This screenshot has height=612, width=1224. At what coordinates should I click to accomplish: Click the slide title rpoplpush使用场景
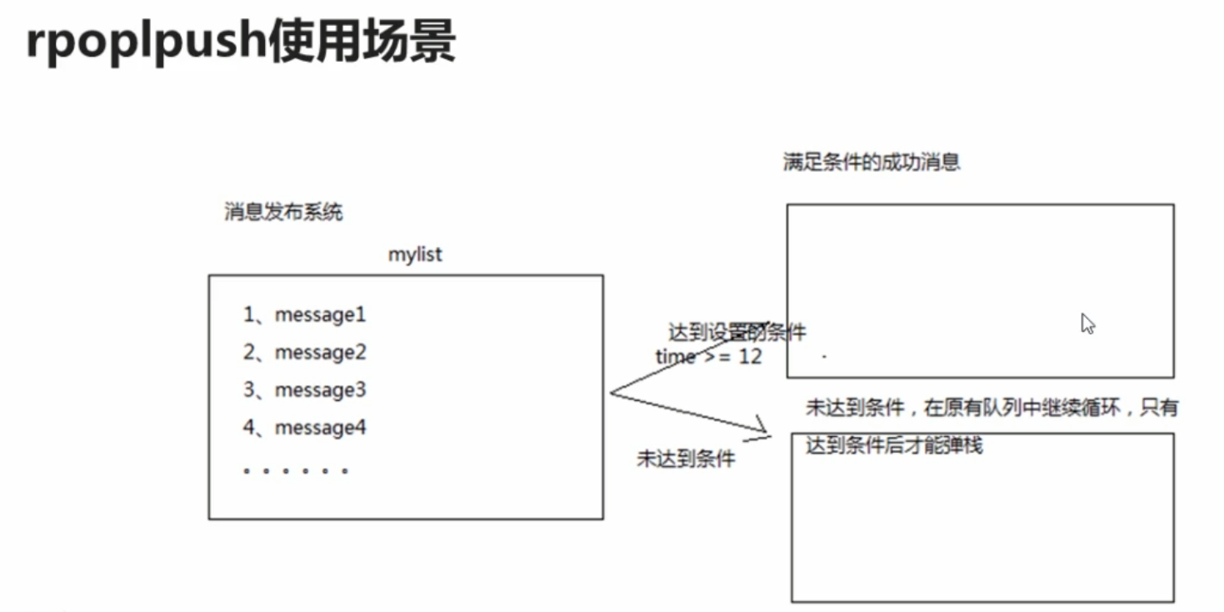pyautogui.click(x=241, y=42)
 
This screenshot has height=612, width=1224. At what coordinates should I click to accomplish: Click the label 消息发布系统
pyautogui.click(x=283, y=212)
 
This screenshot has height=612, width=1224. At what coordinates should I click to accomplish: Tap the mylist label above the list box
pyautogui.click(x=415, y=254)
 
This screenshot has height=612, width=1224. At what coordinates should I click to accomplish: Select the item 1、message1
pyautogui.click(x=304, y=315)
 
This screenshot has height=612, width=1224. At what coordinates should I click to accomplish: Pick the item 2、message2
pyautogui.click(x=304, y=353)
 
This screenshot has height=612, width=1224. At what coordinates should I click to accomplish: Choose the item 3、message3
pyautogui.click(x=304, y=390)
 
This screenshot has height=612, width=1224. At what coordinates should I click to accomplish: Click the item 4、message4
pyautogui.click(x=304, y=428)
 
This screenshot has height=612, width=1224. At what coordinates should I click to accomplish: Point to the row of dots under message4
pyautogui.click(x=295, y=471)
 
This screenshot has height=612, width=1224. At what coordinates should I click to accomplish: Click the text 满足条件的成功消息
pyautogui.click(x=872, y=162)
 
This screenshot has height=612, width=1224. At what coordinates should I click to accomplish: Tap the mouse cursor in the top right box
pyautogui.click(x=1087, y=324)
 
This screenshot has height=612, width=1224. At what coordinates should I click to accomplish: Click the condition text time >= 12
pyautogui.click(x=708, y=356)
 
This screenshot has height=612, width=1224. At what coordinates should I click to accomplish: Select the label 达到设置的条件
pyautogui.click(x=737, y=333)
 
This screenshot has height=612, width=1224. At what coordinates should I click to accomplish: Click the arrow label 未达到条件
pyautogui.click(x=686, y=459)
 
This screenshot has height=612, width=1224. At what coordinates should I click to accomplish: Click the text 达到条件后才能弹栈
pyautogui.click(x=894, y=445)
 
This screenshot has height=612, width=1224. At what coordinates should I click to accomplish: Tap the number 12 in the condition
pyautogui.click(x=750, y=356)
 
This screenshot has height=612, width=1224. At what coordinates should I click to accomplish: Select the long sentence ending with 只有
pyautogui.click(x=992, y=408)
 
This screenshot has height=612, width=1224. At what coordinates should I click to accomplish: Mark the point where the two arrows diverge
pyautogui.click(x=611, y=393)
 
